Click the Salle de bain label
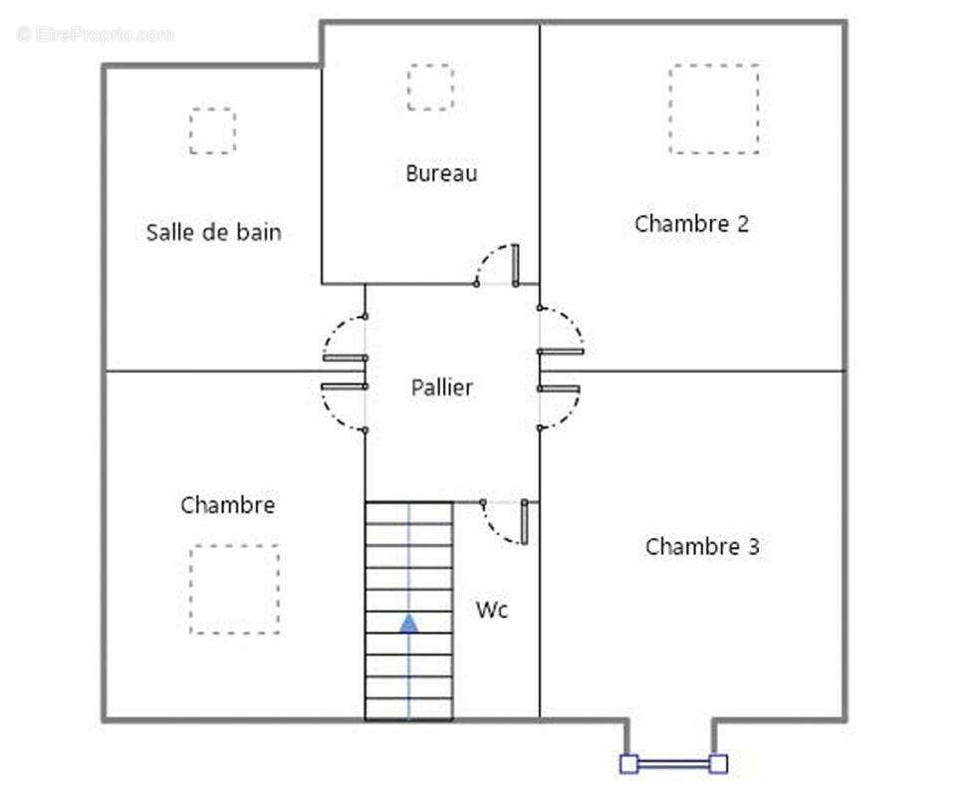(214, 232)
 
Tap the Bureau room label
(441, 173)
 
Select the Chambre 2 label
(691, 224)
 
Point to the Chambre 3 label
(702, 547)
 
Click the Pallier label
(442, 388)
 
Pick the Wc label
(492, 611)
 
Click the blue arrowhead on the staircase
(408, 624)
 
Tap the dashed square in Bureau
(430, 87)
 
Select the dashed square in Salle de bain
(212, 131)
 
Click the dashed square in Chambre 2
(714, 109)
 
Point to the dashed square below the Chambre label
(235, 589)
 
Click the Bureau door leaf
(515, 265)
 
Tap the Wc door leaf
(524, 522)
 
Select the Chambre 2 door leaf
(561, 352)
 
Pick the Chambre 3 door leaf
(559, 389)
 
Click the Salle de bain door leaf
(345, 358)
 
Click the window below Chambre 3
(673, 764)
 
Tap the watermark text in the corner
(96, 34)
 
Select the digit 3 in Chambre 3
(754, 547)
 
